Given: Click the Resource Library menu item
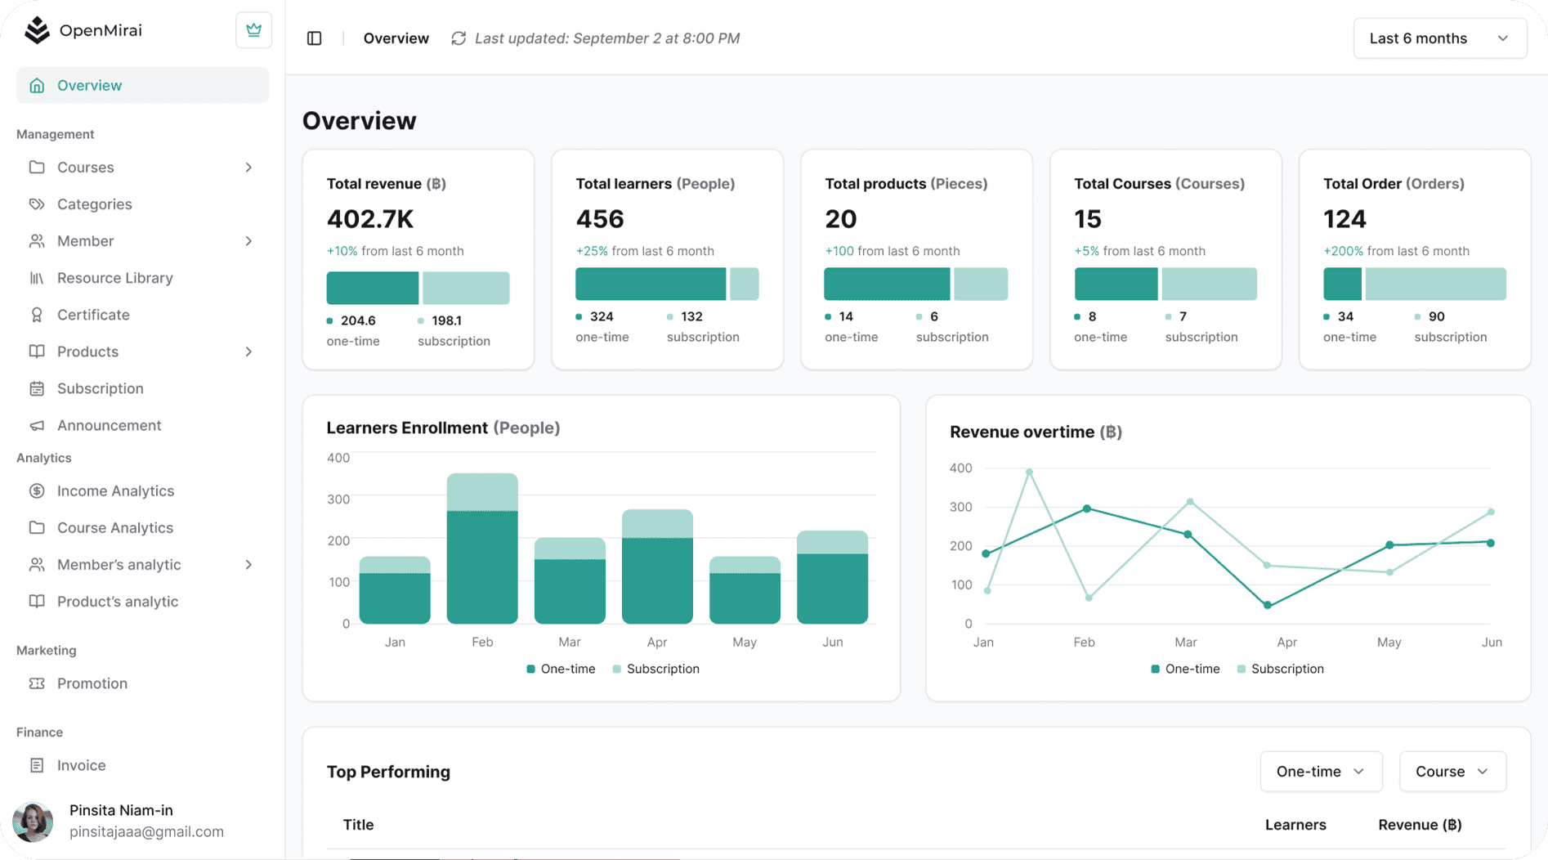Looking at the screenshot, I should [x=114, y=278].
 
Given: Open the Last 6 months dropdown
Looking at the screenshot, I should [x=1439, y=38].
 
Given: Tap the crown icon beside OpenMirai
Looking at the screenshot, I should [x=253, y=30].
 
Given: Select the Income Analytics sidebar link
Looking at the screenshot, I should [x=115, y=490].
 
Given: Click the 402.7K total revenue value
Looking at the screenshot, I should [x=370, y=219].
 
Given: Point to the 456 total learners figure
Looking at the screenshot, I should [x=600, y=219].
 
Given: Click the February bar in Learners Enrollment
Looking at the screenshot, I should [x=482, y=548].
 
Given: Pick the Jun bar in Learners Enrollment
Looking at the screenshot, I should [x=832, y=577].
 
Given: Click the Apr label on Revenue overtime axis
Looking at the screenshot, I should [x=1287, y=643].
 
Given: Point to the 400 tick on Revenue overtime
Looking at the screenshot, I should [x=961, y=468].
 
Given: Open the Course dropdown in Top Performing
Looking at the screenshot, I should [x=1452, y=772].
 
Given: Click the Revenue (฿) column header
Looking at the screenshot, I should [x=1420, y=825].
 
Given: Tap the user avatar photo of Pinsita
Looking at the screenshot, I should [x=34, y=822].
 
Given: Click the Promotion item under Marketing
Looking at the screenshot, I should [x=92, y=683].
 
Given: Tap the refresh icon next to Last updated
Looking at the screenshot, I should [x=459, y=38].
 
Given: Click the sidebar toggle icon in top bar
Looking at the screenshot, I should [x=315, y=38].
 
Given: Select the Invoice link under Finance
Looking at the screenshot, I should [x=81, y=765].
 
